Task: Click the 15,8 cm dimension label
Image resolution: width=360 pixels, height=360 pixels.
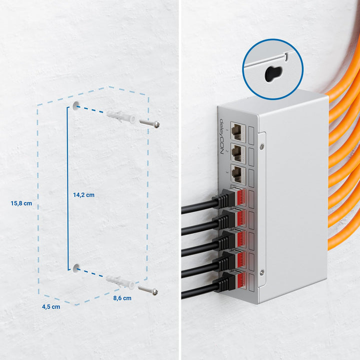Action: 21,203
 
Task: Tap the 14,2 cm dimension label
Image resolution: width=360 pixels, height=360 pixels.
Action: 83,195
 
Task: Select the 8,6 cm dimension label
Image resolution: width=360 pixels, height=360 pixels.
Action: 122,298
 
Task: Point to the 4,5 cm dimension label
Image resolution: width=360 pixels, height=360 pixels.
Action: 51,306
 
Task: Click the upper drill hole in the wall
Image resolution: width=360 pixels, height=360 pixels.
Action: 76,105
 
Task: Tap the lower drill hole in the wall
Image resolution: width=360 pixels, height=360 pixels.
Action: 76,268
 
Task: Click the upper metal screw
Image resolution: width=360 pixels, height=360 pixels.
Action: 149,123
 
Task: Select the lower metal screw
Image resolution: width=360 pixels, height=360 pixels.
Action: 148,290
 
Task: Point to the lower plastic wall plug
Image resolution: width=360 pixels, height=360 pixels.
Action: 120,282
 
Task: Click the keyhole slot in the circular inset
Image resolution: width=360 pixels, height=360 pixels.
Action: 273,73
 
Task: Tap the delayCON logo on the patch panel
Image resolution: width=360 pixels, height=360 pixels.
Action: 222,136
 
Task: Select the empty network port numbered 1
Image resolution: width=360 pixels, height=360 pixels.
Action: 237,131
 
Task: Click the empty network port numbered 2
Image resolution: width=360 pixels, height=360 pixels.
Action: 237,152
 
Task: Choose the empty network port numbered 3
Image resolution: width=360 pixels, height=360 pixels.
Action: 237,173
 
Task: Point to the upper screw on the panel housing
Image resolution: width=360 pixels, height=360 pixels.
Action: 261,145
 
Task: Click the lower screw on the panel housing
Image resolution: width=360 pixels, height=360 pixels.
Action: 261,272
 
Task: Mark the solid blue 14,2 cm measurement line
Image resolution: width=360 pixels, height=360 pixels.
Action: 68,188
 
